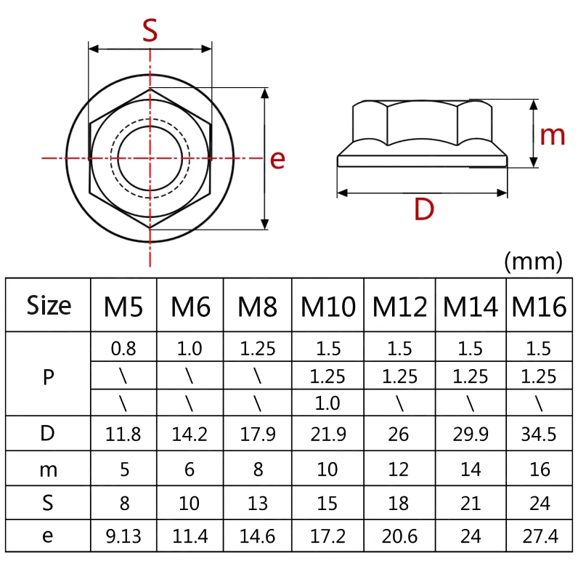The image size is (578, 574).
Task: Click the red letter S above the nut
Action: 150,31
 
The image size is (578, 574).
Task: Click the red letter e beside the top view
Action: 277,159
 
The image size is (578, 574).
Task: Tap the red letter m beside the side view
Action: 552,134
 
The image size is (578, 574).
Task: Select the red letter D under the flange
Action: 423,209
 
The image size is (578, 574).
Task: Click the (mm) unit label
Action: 533,262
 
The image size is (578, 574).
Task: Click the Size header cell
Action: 49,305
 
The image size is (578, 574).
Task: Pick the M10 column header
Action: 328,307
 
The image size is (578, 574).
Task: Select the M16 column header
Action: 539,307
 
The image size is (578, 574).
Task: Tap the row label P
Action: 49,376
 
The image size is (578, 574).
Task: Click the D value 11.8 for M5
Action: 123,434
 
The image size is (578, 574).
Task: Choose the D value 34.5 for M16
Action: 539,434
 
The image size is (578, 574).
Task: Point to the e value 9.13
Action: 123,537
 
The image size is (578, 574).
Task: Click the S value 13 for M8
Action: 258,503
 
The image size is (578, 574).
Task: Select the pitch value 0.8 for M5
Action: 123,348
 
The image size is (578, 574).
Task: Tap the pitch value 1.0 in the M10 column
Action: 328,402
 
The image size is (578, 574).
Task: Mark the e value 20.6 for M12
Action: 399,537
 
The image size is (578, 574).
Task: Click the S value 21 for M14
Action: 470,503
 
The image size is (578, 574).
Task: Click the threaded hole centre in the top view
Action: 150,158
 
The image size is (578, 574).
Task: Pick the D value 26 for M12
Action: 399,434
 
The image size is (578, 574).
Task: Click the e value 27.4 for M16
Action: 539,537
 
